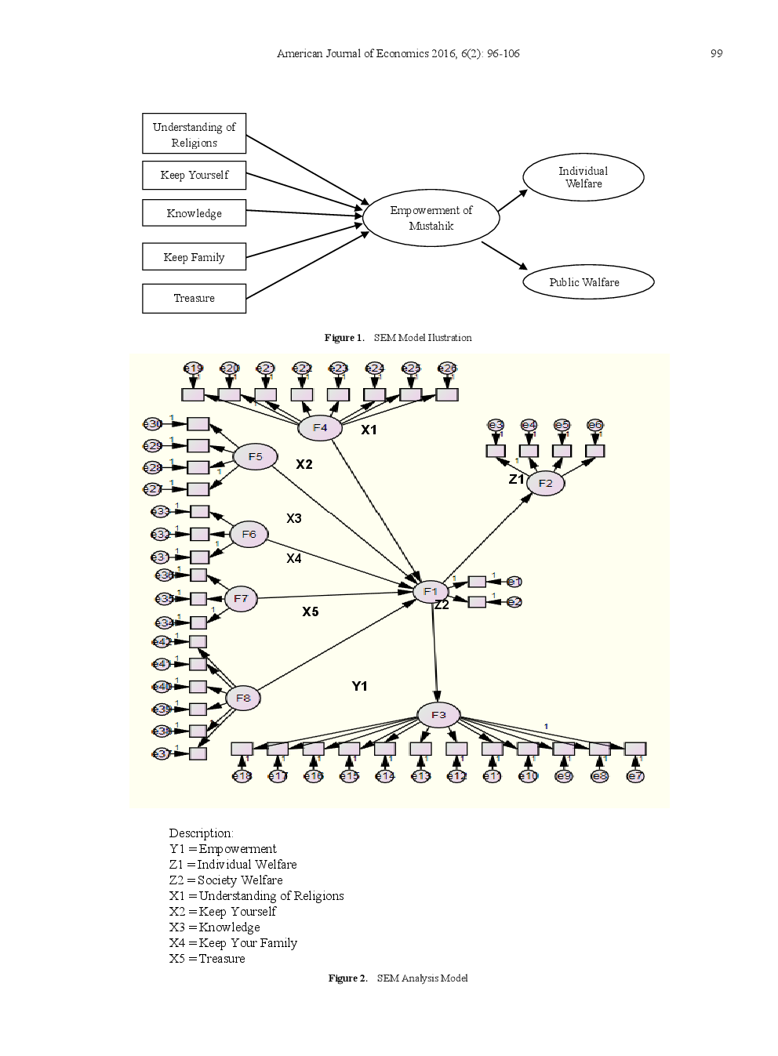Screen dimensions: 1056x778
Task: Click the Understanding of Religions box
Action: pos(194,134)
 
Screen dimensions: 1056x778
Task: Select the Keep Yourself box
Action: pos(194,176)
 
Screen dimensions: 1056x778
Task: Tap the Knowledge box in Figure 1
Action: pos(194,213)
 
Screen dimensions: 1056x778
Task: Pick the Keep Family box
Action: pos(194,257)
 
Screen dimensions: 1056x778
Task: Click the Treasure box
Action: pos(194,299)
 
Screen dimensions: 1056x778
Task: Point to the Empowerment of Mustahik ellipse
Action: pos(431,218)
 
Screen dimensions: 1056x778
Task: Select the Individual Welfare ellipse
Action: pos(583,177)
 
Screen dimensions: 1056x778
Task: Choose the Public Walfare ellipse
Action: pos(587,282)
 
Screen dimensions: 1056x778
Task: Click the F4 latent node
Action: pos(320,428)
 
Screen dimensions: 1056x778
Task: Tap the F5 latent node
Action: pos(256,457)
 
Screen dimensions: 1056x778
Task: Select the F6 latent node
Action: pos(249,535)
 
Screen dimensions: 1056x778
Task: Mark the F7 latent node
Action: pos(241,599)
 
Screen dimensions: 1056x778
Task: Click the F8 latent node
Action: pos(243,698)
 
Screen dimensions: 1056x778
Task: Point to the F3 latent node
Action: pos(438,715)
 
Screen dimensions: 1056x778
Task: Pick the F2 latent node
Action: pos(545,484)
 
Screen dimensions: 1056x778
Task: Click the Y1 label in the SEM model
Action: pos(359,687)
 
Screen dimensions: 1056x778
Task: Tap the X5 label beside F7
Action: pos(311,612)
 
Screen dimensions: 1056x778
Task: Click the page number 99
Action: pos(716,53)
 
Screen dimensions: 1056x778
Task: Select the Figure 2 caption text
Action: pos(398,978)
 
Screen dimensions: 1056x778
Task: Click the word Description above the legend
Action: pos(201,833)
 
